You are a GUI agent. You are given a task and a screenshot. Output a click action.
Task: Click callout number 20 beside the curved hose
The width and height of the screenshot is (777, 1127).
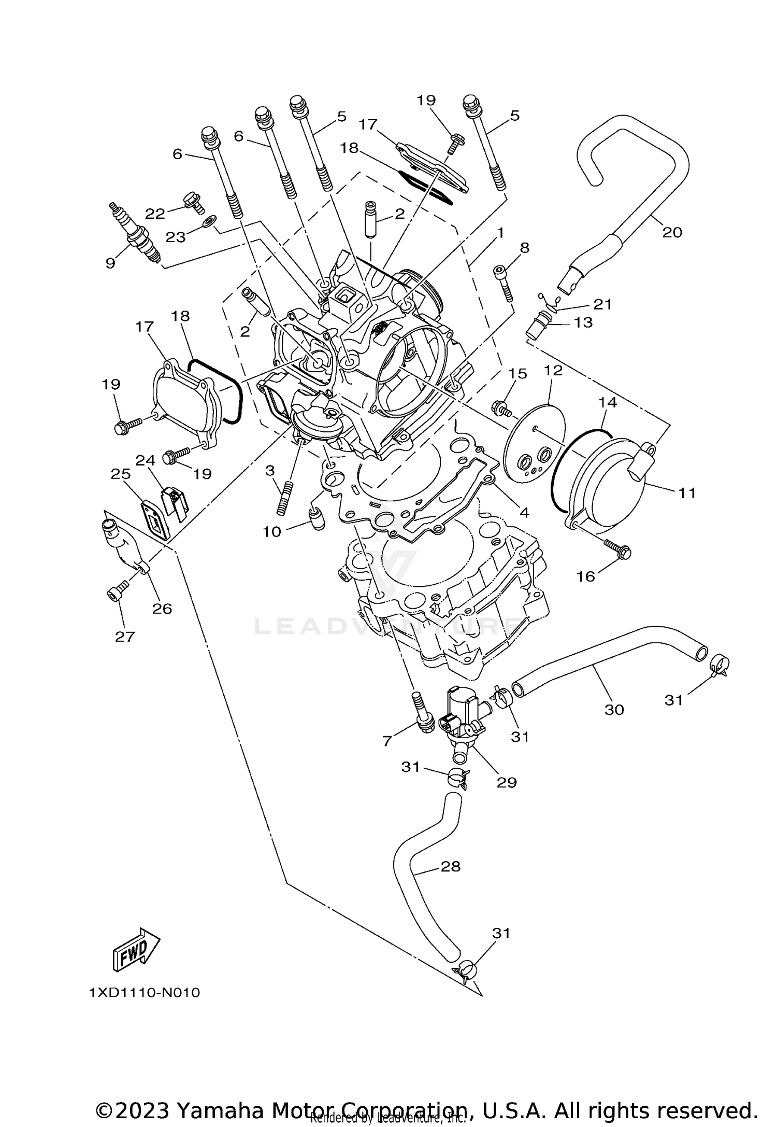[672, 232]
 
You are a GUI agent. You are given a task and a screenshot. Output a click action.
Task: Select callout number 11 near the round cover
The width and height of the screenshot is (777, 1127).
[687, 492]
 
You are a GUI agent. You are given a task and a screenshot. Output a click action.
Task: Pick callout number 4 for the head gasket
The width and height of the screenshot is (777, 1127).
[524, 513]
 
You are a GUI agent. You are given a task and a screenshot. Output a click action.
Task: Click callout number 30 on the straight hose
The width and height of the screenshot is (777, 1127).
[614, 709]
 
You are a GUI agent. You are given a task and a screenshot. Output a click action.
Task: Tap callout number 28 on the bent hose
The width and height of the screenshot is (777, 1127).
[450, 866]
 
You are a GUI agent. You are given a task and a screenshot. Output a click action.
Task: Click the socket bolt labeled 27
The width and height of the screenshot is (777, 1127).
[117, 593]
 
